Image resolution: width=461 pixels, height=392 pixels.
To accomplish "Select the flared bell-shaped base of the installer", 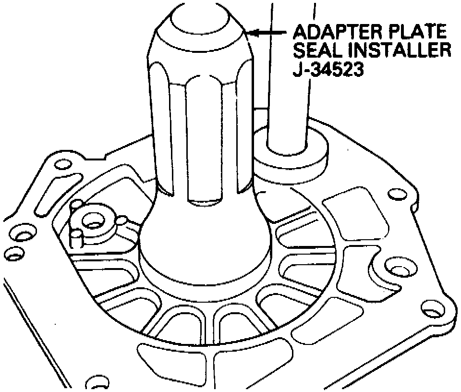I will (204, 250).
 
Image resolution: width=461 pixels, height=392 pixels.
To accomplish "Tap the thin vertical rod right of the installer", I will (287, 72).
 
